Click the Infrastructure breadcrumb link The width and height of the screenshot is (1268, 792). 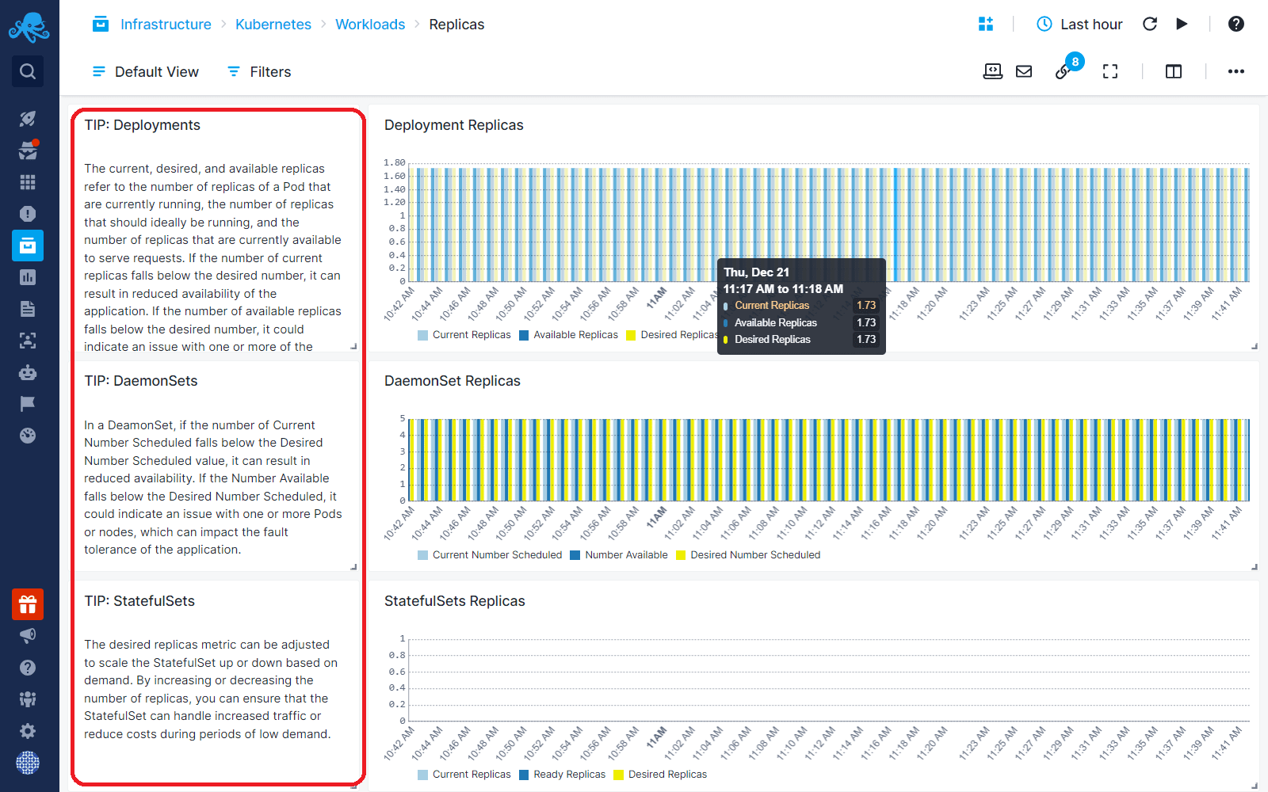(x=165, y=25)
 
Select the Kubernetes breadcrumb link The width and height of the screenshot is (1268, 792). (x=273, y=25)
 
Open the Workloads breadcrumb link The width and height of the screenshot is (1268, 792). (x=369, y=25)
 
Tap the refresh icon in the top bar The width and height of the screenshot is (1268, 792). (x=1150, y=25)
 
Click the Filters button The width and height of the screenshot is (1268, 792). (x=259, y=72)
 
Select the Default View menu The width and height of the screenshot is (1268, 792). (x=146, y=72)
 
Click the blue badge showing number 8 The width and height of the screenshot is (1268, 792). (x=1075, y=62)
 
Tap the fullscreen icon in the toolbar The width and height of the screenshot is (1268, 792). (x=1110, y=72)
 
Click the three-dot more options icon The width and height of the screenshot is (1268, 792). (x=1236, y=72)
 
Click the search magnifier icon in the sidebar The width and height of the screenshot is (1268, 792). (x=28, y=72)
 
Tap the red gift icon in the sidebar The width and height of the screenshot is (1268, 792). (x=28, y=605)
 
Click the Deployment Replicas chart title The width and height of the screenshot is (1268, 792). (x=453, y=125)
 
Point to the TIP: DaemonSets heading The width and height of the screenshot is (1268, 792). (x=141, y=381)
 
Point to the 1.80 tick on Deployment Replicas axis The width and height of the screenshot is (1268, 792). (x=395, y=162)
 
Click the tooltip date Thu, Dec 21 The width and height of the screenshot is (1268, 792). (x=756, y=272)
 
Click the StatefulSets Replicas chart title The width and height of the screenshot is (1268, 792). (x=454, y=601)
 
